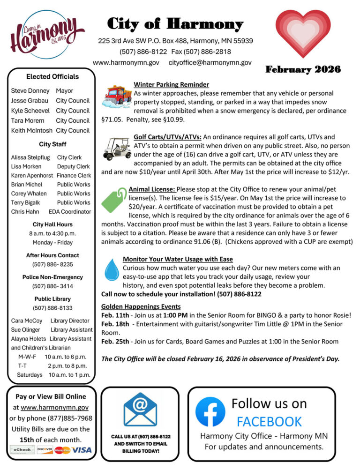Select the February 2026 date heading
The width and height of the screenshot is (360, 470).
click(x=303, y=70)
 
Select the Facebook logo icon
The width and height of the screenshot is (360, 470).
click(x=210, y=411)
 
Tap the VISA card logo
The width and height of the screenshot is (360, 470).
click(x=82, y=450)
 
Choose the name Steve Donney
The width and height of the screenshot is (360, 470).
click(x=30, y=91)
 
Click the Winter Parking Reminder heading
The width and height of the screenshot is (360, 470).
click(x=171, y=85)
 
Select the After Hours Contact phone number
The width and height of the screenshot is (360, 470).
click(x=52, y=265)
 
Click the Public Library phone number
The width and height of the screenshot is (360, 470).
click(x=52, y=308)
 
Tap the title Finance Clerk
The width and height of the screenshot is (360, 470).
click(x=74, y=176)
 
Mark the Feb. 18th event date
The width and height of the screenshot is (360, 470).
click(x=115, y=324)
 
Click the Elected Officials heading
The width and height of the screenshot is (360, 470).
click(x=52, y=76)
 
